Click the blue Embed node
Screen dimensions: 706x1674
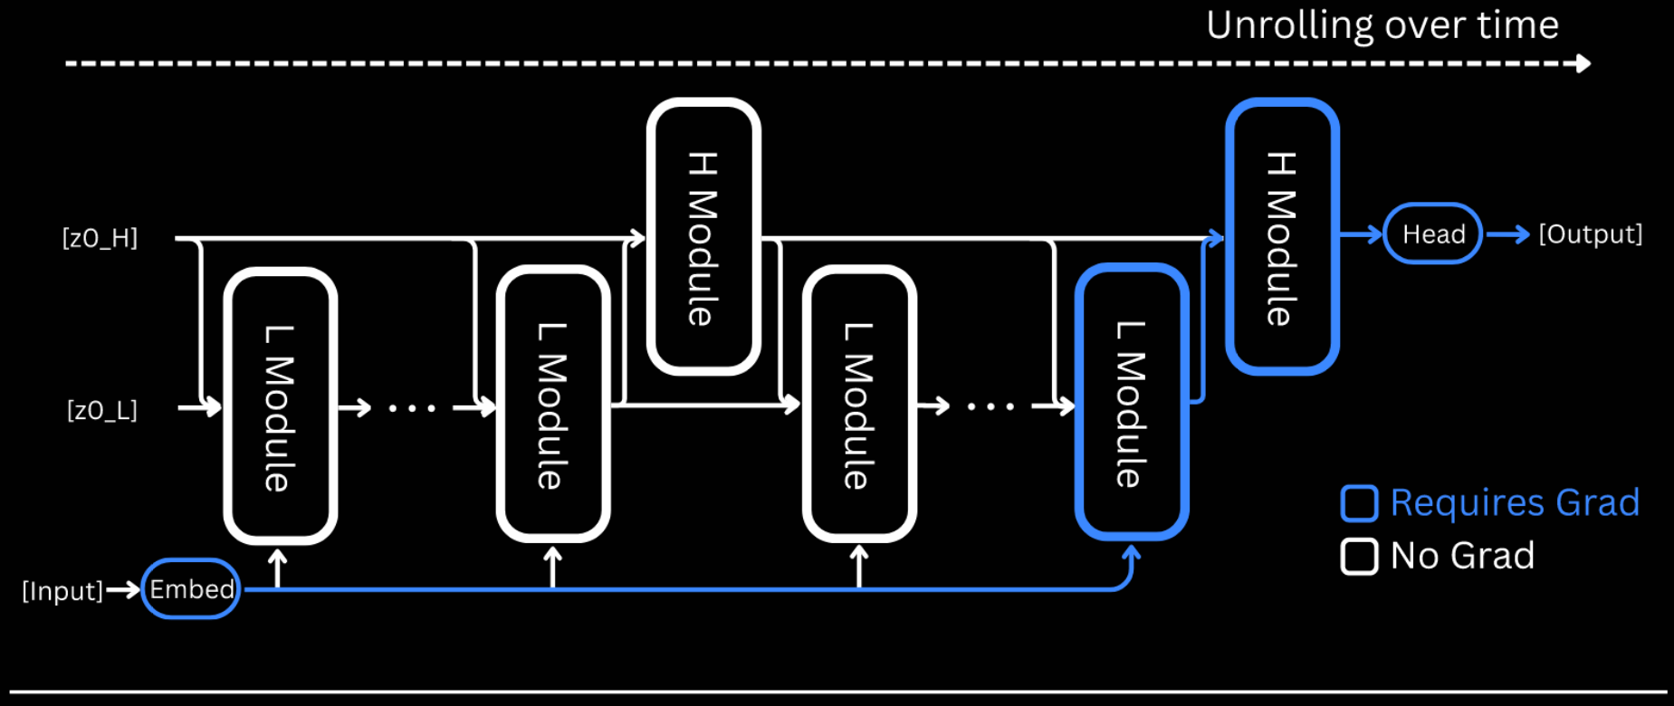coord(191,589)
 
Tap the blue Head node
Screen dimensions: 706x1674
coord(1432,234)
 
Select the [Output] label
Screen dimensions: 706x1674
coord(1590,234)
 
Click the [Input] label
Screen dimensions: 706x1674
coord(62,591)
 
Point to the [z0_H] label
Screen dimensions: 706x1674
coord(100,238)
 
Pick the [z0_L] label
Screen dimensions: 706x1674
coord(101,410)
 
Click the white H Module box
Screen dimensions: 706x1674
coord(703,236)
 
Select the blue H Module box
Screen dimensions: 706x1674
coord(1282,236)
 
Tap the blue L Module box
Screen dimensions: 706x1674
coord(1132,403)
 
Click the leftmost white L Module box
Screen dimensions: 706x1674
coord(280,406)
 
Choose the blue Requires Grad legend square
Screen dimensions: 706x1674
coord(1359,503)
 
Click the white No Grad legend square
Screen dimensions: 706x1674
coord(1359,556)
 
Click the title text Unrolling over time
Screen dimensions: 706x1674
coord(1382,24)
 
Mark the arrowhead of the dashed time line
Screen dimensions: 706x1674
coord(1583,63)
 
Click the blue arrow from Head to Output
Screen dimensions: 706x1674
coord(1507,234)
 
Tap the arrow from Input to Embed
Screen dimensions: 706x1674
coord(123,591)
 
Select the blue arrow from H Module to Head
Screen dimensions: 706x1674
coord(1361,234)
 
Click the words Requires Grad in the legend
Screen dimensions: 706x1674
coord(1515,502)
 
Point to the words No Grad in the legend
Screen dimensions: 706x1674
coord(1462,555)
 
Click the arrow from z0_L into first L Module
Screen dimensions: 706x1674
coord(200,407)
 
